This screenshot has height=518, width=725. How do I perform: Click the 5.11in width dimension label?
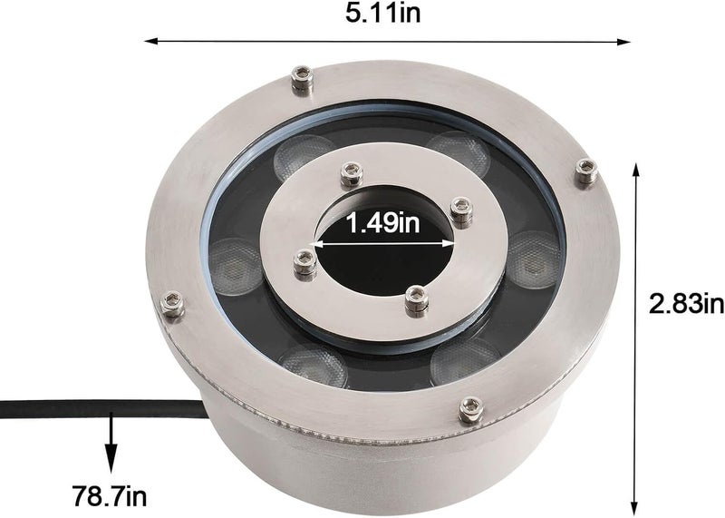[383, 13]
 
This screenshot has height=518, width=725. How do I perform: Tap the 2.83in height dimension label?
[686, 304]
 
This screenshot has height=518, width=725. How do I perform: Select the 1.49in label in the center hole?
[383, 223]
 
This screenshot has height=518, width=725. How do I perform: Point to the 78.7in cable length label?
[110, 496]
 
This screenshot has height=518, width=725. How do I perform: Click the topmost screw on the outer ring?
[303, 80]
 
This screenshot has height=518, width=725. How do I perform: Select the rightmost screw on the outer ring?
[585, 171]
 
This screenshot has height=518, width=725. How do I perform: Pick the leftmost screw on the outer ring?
[172, 304]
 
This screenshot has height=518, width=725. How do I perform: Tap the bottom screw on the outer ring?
[471, 410]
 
